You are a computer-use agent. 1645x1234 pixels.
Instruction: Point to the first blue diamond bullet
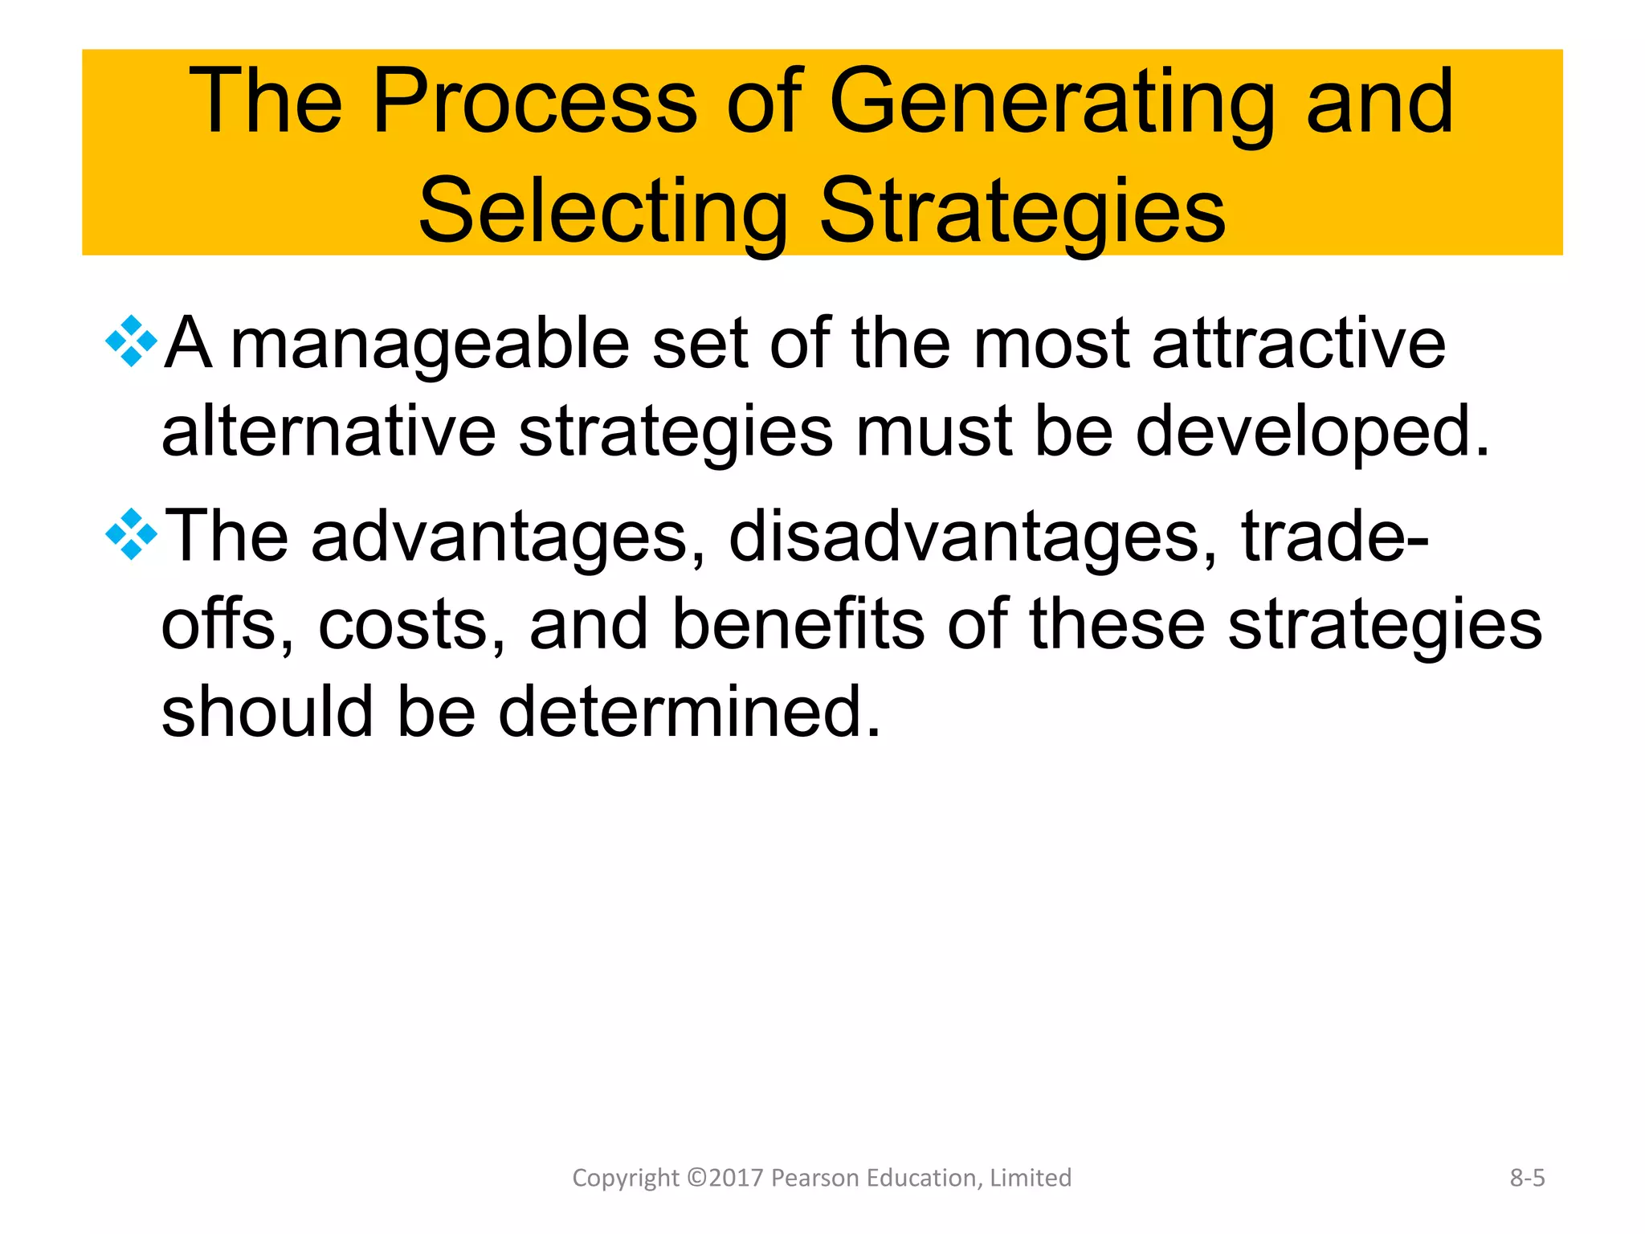click(131, 342)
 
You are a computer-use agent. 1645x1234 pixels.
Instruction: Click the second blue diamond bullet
click(131, 534)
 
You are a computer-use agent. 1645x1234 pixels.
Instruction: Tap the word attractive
click(1298, 344)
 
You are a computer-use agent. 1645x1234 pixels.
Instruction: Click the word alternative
click(329, 432)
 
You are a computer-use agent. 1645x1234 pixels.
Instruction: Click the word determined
click(689, 712)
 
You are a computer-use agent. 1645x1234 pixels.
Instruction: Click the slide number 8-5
click(1527, 1178)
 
